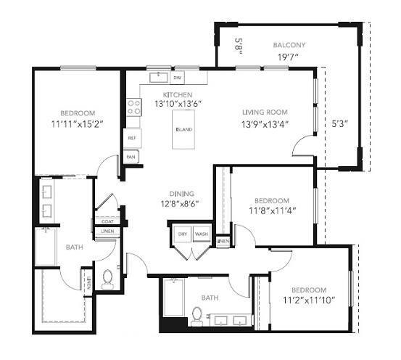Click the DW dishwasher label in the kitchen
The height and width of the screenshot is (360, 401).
pos(177,78)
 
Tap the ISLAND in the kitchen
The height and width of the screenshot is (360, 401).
pos(184,131)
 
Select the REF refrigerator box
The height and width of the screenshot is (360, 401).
pos(133,137)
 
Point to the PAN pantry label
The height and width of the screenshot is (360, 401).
pos(131,156)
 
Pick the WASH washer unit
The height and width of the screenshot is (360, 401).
pos(201,234)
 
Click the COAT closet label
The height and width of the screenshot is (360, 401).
pos(107,222)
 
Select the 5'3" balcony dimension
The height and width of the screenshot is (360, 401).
pos(339,123)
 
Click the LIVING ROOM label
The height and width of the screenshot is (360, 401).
pos(265,112)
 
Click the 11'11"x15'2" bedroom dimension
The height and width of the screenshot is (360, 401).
pos(78,123)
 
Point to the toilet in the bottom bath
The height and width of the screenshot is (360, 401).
pos(197,314)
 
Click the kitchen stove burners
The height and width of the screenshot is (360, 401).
pos(134,108)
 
